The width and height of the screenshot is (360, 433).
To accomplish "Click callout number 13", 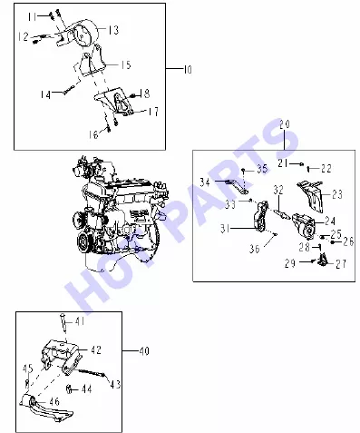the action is pyautogui.click(x=113, y=30).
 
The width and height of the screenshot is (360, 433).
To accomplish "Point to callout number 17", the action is pyautogui.click(x=153, y=112).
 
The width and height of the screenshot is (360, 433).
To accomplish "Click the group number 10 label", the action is pyautogui.click(x=188, y=70).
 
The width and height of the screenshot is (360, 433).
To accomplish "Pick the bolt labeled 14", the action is pyautogui.click(x=69, y=90).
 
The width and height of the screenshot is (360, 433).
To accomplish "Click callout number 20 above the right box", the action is pyautogui.click(x=285, y=124).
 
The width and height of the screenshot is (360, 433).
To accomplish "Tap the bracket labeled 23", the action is pyautogui.click(x=310, y=196).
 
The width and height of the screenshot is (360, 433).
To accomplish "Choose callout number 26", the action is pyautogui.click(x=348, y=241).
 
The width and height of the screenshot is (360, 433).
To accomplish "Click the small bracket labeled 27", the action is pyautogui.click(x=323, y=260).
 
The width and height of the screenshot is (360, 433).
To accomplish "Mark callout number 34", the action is pyautogui.click(x=205, y=182).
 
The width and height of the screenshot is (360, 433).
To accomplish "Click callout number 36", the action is pyautogui.click(x=255, y=249).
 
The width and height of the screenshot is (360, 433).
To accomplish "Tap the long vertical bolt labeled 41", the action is pyautogui.click(x=63, y=324).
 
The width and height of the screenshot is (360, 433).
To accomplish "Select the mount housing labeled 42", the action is pyautogui.click(x=61, y=357).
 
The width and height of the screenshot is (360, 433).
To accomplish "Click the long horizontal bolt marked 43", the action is pyautogui.click(x=91, y=372).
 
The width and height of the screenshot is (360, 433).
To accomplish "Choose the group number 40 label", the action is pyautogui.click(x=144, y=351).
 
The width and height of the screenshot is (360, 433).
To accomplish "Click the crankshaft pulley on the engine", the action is pyautogui.click(x=83, y=241).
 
